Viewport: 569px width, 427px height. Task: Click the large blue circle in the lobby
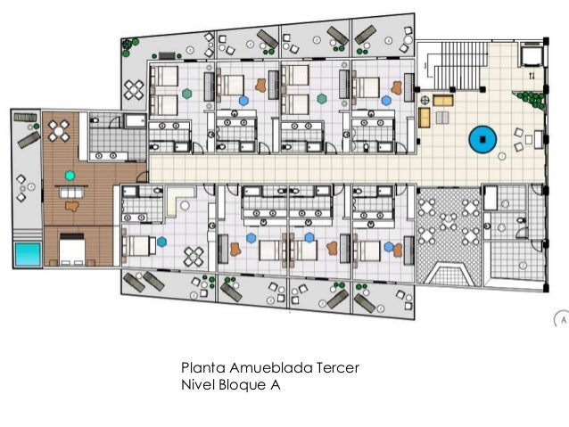pos(482,140)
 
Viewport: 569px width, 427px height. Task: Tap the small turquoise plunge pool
pos(28,254)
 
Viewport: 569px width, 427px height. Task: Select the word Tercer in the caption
pos(338,367)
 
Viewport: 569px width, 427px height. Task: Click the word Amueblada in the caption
pos(271,367)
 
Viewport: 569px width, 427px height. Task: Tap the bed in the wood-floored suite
pos(72,250)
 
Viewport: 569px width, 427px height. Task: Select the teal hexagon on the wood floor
pos(70,176)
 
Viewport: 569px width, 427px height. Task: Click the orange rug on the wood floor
pos(72,206)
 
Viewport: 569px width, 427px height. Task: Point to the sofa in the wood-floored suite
pos(71,192)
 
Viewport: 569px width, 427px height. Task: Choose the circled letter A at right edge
pos(562,320)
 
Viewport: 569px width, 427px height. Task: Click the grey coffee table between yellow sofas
pos(442,117)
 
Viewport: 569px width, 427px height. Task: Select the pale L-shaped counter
pos(175,201)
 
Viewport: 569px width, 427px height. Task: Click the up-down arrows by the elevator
pos(532,76)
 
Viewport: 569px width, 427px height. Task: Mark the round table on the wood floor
pos(59,131)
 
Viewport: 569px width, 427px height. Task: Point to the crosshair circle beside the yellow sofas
pos(425,100)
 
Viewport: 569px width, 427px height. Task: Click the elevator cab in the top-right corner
pos(532,55)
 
